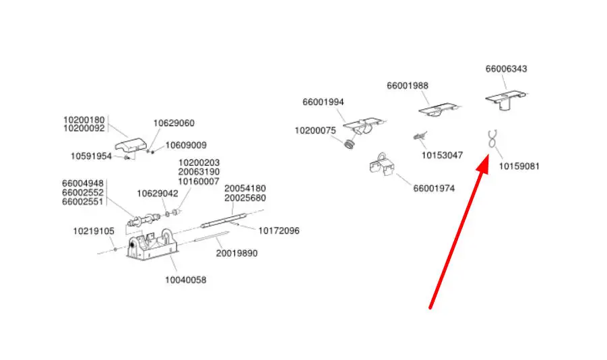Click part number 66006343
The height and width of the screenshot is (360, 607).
[x=506, y=69]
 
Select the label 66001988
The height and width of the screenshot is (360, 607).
[x=407, y=86]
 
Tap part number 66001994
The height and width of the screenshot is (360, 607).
[x=323, y=102]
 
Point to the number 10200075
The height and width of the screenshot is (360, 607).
[x=315, y=130]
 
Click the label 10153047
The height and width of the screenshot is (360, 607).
[x=442, y=155]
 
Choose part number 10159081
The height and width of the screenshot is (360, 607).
[x=519, y=166]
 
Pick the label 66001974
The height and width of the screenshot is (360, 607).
[x=434, y=188]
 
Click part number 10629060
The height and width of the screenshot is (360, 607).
[x=174, y=123]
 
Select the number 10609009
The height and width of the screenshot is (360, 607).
[x=186, y=145]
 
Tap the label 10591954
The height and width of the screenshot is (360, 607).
[x=92, y=156]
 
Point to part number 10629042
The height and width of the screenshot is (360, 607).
[x=158, y=193]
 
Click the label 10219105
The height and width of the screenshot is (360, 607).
[x=94, y=231]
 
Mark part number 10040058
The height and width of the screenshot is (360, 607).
[x=186, y=279]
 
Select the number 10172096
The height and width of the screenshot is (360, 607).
[x=279, y=231]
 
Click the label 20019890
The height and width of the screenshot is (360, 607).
[x=236, y=253]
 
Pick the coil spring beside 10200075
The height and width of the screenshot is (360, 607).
[x=349, y=144]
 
